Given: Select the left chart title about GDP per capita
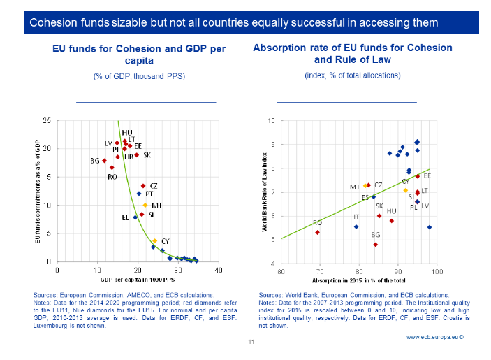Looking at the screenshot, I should (139, 55).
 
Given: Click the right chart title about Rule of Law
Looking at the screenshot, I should (352, 55).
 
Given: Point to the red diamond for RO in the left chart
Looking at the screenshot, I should (112, 168).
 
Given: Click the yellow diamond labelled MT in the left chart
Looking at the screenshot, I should (145, 205).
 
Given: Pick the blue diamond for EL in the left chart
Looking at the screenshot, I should (135, 217).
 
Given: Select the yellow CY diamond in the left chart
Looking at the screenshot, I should (155, 240).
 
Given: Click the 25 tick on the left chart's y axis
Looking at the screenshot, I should (46, 120).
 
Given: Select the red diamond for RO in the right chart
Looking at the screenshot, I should (318, 232).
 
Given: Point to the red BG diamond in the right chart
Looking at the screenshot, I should (376, 245).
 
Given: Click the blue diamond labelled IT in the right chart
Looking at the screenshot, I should (356, 226).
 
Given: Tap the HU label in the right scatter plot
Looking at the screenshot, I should (391, 210).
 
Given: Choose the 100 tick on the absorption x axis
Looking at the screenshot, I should (437, 271).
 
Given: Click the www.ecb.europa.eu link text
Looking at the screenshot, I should (436, 336).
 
